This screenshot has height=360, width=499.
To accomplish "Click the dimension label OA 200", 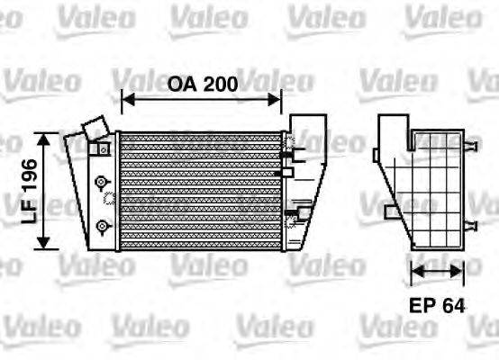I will point(203,84).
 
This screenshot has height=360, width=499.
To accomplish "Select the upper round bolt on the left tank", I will point(102,178).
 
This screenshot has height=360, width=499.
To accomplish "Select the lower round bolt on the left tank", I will point(102,223).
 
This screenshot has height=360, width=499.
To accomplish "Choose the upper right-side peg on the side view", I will point(470,145).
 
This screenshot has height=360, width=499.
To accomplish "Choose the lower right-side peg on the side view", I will point(470,220).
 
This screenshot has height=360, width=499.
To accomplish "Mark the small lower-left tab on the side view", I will point(387,212).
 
